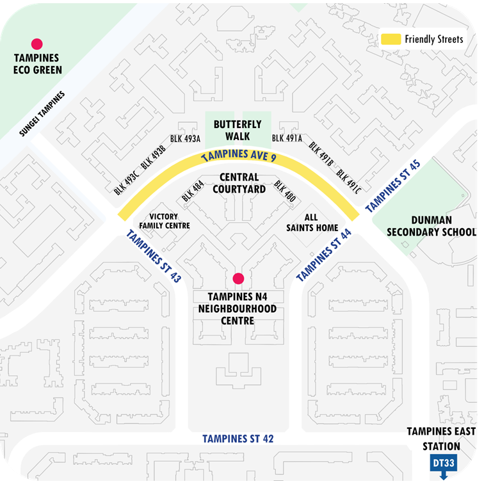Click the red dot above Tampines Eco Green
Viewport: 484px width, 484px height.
pos(37,44)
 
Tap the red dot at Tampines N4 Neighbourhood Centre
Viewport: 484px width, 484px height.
pos(238,278)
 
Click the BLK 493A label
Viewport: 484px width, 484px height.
pos(186,138)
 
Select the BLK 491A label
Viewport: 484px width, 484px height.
pos(287,138)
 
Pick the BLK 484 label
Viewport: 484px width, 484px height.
pos(193,191)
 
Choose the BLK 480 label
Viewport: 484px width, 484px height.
pos(285,191)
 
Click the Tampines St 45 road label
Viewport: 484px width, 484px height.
pos(392,186)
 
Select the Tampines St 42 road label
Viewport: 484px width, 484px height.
pos(238,439)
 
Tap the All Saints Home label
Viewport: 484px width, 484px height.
pos(311,223)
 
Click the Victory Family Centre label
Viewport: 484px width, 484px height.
pos(169,221)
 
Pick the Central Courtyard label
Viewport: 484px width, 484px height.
pos(238,182)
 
